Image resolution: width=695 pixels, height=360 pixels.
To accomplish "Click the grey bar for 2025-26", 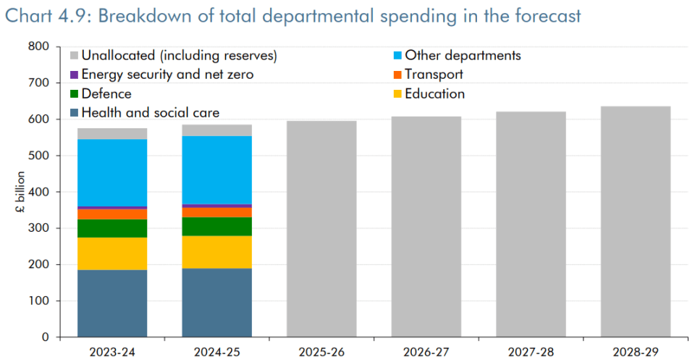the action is pyautogui.click(x=321, y=229).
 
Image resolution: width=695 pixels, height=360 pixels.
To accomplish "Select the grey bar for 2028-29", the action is pyautogui.click(x=636, y=222).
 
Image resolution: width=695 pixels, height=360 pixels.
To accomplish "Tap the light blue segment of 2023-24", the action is pyautogui.click(x=112, y=172).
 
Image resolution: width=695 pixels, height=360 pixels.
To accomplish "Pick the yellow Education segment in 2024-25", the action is pyautogui.click(x=217, y=252).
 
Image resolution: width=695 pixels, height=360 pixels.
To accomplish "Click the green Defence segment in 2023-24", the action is pyautogui.click(x=112, y=228).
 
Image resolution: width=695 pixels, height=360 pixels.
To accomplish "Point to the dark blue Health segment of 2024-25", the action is pyautogui.click(x=217, y=303).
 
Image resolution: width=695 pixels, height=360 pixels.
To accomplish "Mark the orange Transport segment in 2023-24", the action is pyautogui.click(x=112, y=214).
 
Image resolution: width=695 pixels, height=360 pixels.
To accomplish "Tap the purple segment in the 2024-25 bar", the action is pyautogui.click(x=217, y=206).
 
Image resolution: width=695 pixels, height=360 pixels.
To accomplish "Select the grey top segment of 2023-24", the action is pyautogui.click(x=112, y=134).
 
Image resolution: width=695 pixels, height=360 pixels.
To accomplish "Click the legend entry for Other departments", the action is pyautogui.click(x=457, y=56).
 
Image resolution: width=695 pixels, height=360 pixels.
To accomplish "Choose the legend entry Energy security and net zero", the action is pyautogui.click(x=161, y=75).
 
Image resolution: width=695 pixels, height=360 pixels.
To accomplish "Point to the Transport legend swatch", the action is pyautogui.click(x=397, y=75).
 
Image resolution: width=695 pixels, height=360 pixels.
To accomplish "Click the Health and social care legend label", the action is pyautogui.click(x=151, y=113).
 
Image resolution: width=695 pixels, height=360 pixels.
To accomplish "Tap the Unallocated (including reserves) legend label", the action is pyautogui.click(x=179, y=56).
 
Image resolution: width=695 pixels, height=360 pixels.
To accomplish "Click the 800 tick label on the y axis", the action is pyautogui.click(x=39, y=46).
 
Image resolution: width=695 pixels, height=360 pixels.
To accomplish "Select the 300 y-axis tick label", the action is pyautogui.click(x=39, y=228).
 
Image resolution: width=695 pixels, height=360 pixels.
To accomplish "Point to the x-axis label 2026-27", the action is pyautogui.click(x=426, y=352).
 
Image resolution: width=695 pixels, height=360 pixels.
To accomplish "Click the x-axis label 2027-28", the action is pyautogui.click(x=531, y=352).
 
